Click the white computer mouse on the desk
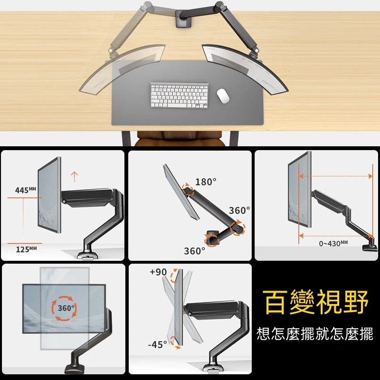(223, 96)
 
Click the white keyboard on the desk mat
(180, 95)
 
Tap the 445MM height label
(26, 190)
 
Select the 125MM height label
(26, 249)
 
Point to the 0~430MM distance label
(333, 243)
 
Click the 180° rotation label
(206, 182)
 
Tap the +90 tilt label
(158, 272)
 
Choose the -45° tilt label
(158, 344)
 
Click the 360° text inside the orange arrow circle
(66, 308)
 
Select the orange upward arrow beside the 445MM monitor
(75, 177)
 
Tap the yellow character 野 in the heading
(355, 302)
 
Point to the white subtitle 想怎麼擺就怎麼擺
(315, 334)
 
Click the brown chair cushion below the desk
(180, 139)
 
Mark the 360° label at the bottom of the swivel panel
(194, 251)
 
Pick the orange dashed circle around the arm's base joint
(211, 239)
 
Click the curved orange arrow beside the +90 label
(173, 275)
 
